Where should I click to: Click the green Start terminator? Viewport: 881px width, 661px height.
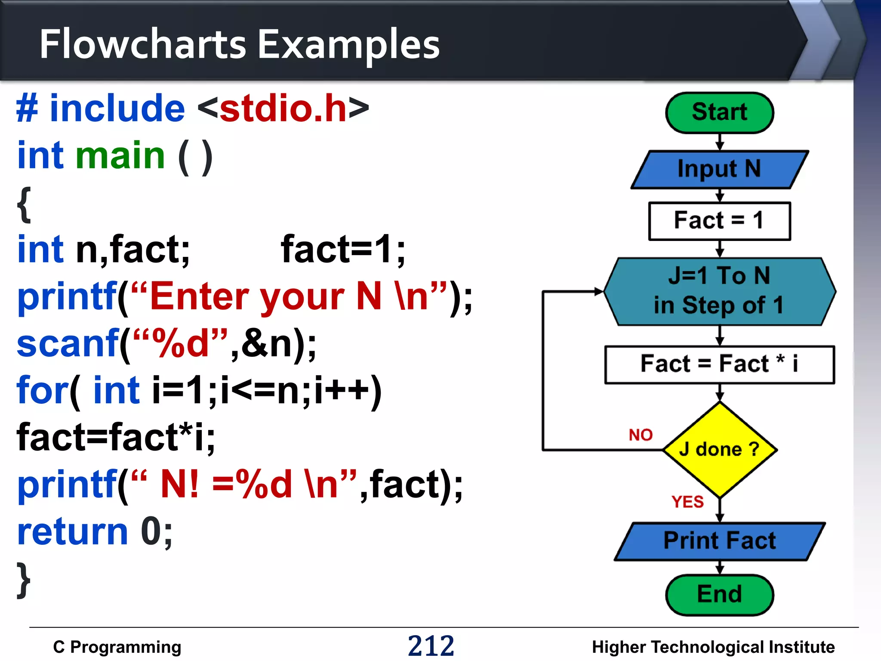(x=719, y=112)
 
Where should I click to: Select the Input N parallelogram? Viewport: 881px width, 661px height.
(x=719, y=169)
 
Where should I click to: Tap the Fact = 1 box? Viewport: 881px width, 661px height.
(x=719, y=221)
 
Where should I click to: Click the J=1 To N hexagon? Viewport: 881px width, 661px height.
(x=719, y=291)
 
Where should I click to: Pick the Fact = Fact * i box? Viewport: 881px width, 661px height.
(x=719, y=364)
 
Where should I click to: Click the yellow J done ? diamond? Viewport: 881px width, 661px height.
(x=719, y=450)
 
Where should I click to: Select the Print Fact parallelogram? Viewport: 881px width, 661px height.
(x=719, y=541)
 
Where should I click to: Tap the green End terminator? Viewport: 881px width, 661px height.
(x=719, y=595)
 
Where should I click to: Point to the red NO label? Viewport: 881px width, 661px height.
(x=641, y=435)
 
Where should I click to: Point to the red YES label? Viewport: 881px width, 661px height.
(x=687, y=502)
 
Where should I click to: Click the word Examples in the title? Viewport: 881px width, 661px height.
(x=348, y=45)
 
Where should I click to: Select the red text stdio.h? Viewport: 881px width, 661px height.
(x=283, y=108)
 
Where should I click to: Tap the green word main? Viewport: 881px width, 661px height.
(x=120, y=155)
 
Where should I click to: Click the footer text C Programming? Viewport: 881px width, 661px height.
(x=117, y=647)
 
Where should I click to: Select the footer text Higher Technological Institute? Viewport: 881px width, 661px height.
(x=713, y=647)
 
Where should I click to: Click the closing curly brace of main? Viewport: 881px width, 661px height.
(x=24, y=580)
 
